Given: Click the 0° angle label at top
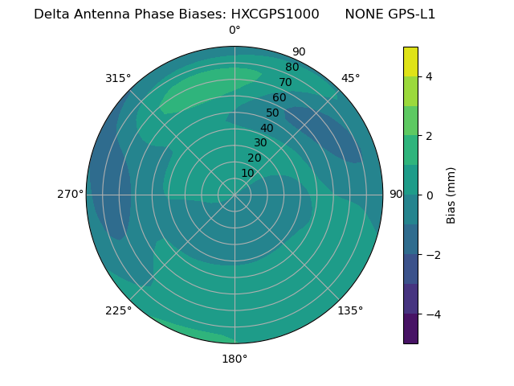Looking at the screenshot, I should [235, 31].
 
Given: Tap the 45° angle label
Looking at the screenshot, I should [351, 78].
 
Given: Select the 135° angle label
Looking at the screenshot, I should [350, 310].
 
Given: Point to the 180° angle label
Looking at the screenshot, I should [235, 359].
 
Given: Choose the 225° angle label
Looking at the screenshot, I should [118, 310].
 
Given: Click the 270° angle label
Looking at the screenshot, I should [71, 194].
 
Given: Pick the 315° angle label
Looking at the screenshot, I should [118, 78].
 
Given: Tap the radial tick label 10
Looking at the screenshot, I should [247, 173].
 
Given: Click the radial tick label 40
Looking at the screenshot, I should [267, 128].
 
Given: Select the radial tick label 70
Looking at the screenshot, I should [285, 82].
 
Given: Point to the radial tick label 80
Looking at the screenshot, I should [292, 68].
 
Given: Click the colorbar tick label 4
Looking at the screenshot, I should [429, 76].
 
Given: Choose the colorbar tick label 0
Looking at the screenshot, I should [429, 195].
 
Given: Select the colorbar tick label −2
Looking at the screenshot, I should [432, 255].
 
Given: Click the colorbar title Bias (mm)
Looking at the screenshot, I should [451, 195].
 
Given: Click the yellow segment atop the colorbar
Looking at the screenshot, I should [410, 62].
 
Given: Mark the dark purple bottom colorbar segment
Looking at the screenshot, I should [410, 329].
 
